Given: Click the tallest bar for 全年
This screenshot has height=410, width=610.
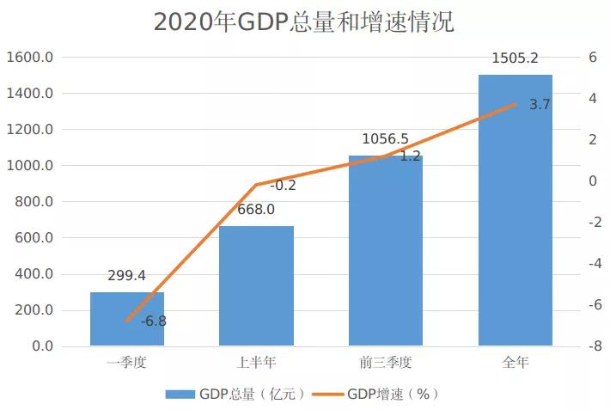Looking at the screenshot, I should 515,211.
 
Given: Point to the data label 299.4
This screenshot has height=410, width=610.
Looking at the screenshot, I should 127,276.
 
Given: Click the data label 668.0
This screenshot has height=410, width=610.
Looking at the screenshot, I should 256,210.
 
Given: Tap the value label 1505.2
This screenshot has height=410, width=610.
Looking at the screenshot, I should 515,58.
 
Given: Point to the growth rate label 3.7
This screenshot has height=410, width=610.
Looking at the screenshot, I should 540,105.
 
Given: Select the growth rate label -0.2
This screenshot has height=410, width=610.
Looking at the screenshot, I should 283,185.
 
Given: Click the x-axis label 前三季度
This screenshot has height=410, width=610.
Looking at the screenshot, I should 386,363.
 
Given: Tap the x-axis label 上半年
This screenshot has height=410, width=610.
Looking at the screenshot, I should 256,363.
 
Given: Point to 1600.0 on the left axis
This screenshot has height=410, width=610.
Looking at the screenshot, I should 31,58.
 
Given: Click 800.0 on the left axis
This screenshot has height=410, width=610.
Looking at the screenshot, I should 34,202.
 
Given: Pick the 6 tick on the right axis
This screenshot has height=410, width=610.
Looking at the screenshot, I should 591,58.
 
